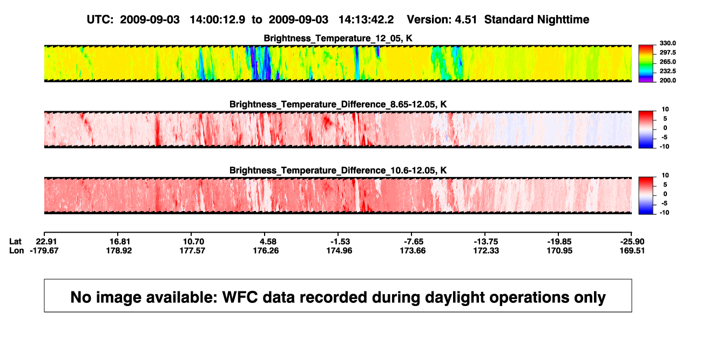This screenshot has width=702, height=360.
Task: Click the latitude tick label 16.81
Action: coord(119,242)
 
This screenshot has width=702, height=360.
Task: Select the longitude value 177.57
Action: coord(192,250)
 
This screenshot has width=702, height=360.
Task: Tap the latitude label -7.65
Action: coord(413,242)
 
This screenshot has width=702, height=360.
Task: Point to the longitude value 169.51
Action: coord(632,250)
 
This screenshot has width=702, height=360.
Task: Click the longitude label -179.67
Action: coord(44,250)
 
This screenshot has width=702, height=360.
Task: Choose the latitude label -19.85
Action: coord(559,242)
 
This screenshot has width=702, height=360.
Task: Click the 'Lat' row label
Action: coord(15,242)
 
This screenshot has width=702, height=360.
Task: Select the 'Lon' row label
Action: coord(16,250)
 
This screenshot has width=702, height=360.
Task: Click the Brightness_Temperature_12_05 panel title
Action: coord(338,38)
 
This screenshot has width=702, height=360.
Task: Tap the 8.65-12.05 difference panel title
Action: coord(338,104)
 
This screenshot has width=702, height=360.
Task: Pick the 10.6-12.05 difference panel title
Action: coord(338,171)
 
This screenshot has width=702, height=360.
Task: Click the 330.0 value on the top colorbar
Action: coord(667,43)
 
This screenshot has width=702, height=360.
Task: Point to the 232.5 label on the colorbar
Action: coord(667,71)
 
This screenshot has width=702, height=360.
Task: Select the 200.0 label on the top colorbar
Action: coord(667,80)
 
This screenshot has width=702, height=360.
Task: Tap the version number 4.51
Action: coord(466,20)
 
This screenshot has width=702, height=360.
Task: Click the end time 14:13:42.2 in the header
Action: coord(366,20)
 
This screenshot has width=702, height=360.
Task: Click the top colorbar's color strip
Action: coord(646,64)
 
